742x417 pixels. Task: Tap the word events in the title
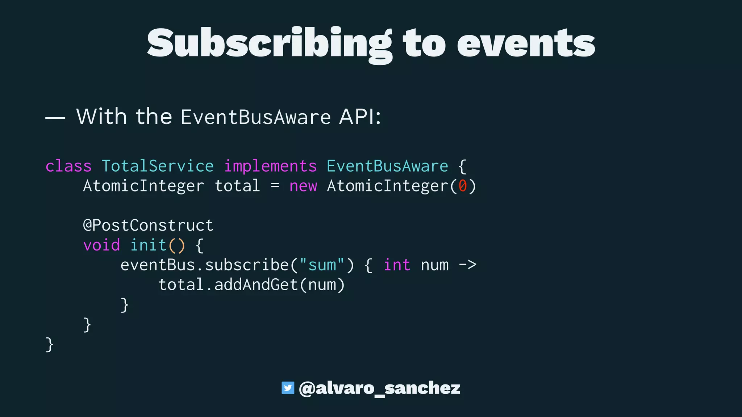tap(526, 43)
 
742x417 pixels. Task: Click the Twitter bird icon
tap(288, 388)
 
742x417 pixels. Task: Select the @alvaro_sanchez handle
tap(379, 388)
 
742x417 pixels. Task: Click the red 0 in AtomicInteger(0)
tap(462, 186)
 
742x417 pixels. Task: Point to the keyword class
tap(68, 166)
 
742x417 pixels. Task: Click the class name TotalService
tap(158, 166)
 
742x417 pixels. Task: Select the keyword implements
tap(270, 166)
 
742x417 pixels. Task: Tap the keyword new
tap(303, 186)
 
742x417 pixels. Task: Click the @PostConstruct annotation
tap(148, 226)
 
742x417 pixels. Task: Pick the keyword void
tap(101, 245)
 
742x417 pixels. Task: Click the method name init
tap(148, 245)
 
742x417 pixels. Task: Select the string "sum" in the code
tap(322, 265)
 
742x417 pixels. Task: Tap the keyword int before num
tap(397, 265)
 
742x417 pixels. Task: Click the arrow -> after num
tap(467, 265)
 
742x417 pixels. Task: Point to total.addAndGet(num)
tap(251, 285)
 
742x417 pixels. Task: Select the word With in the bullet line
tap(101, 117)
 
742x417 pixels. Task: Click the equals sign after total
tap(275, 186)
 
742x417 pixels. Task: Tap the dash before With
tap(55, 118)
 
